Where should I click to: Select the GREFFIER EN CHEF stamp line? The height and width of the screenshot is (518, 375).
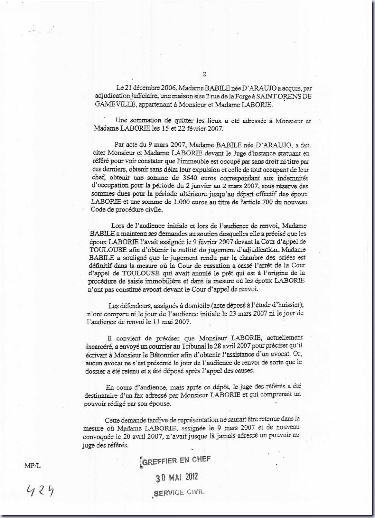coord(176,461)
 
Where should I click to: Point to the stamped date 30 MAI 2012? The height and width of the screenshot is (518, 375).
coord(177,477)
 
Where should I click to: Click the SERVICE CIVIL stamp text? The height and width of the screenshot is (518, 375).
coord(179,492)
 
